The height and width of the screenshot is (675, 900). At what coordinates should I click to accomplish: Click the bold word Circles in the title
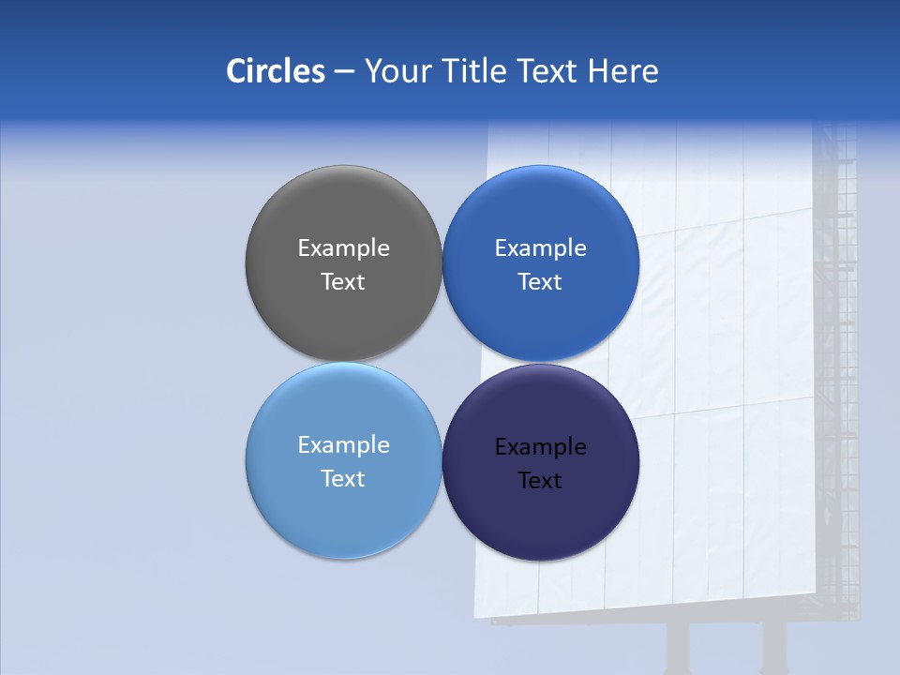tap(276, 71)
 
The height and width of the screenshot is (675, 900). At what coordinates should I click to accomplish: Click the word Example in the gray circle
tap(343, 248)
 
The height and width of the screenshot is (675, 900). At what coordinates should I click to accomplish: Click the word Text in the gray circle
tap(343, 282)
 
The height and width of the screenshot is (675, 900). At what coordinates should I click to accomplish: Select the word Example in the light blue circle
tap(343, 445)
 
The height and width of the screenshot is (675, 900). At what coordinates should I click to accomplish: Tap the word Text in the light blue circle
tap(343, 479)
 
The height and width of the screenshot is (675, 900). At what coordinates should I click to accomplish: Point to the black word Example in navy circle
tap(541, 447)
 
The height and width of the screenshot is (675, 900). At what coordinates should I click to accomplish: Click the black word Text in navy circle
tap(540, 481)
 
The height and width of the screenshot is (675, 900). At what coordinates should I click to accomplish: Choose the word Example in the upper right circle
tap(541, 248)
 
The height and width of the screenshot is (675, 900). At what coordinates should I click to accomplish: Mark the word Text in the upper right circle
tap(540, 282)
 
